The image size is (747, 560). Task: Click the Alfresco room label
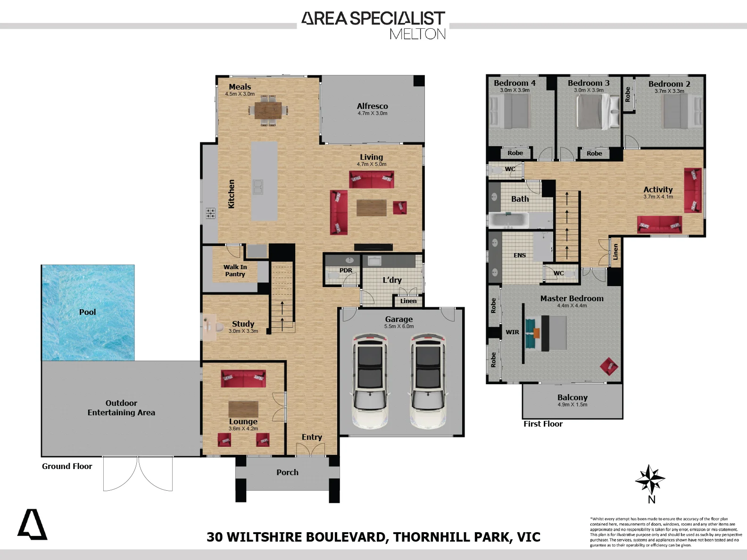point(372,106)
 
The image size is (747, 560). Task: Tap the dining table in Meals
point(268,110)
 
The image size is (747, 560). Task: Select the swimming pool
point(88,313)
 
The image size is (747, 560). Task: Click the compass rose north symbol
point(650,479)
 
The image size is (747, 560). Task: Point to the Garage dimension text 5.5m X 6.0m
point(399,326)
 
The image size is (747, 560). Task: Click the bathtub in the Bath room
point(508,220)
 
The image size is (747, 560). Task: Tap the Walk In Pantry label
point(235,271)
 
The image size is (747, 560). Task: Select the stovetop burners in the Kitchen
point(210,213)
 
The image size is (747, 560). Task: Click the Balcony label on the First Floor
point(573,397)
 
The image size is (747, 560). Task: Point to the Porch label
point(287,472)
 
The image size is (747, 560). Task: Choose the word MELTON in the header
point(417,34)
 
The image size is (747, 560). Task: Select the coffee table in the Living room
point(371,208)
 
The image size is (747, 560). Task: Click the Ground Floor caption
point(67,466)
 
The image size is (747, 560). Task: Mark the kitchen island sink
point(257,187)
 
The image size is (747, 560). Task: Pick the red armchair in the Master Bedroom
point(608,366)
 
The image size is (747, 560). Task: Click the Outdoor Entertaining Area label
point(121,408)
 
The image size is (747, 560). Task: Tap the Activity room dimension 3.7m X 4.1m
point(658,197)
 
